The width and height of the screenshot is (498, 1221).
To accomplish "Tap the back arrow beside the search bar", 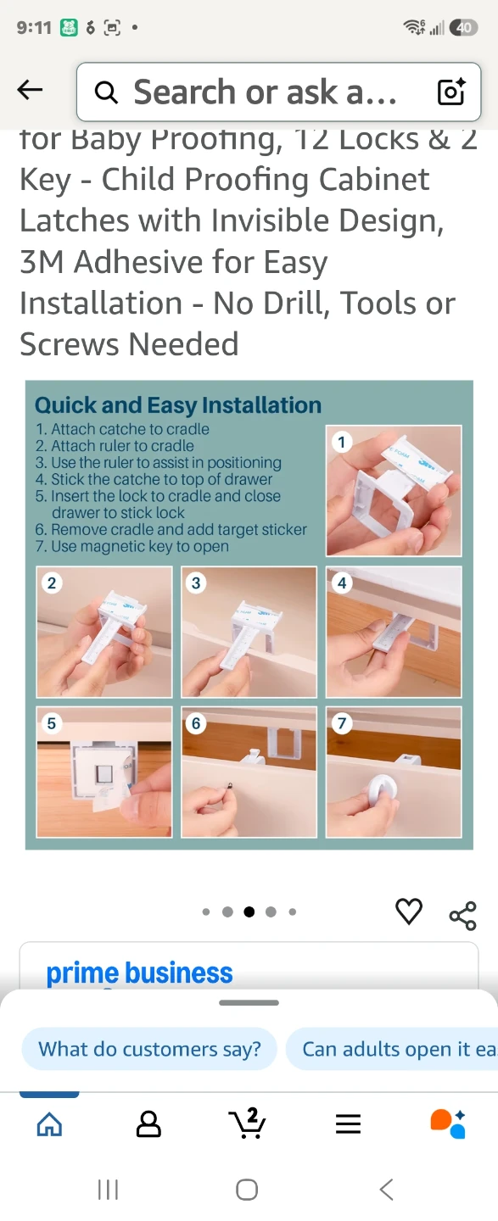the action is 30,90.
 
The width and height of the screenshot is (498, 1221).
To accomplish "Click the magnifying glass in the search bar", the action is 106,92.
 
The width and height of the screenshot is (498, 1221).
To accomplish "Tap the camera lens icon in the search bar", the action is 451,91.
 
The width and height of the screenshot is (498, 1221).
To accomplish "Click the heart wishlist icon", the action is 409,911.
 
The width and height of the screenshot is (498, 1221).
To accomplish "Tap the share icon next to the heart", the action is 463,915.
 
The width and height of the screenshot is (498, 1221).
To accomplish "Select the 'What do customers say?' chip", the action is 149,1049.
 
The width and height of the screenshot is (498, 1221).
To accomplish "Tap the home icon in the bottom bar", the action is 49,1124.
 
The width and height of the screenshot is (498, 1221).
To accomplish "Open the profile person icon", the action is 148,1124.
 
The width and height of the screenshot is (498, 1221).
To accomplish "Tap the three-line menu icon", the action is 348,1124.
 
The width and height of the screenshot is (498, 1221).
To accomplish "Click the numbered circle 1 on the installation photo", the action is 341,442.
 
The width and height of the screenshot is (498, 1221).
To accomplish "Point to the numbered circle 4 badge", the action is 341,583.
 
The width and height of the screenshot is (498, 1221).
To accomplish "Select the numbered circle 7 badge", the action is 341,723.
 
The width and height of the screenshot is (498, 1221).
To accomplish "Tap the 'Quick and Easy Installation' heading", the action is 178,405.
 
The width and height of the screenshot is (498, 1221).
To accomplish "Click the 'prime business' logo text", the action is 139,973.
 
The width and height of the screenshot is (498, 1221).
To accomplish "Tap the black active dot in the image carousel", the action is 249,912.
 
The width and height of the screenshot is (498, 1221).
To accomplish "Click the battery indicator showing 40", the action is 463,27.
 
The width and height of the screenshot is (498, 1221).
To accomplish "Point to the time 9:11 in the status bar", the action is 34,27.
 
